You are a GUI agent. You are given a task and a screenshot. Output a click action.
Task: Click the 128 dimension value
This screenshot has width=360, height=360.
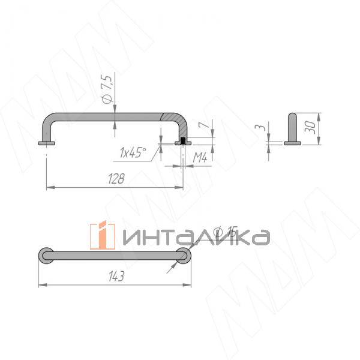tap(117, 178)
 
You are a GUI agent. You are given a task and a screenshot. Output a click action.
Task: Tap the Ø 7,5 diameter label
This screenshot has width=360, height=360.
tap(107, 89)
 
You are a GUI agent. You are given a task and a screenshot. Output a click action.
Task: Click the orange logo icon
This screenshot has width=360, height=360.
tap(102, 235)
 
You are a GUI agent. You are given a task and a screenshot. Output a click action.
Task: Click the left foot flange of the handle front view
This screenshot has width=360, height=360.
tap(47, 143)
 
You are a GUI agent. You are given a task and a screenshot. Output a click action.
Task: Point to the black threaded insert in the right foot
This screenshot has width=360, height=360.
tap(182, 140)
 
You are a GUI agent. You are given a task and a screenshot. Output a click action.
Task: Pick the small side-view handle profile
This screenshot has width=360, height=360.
tap(292, 129)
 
